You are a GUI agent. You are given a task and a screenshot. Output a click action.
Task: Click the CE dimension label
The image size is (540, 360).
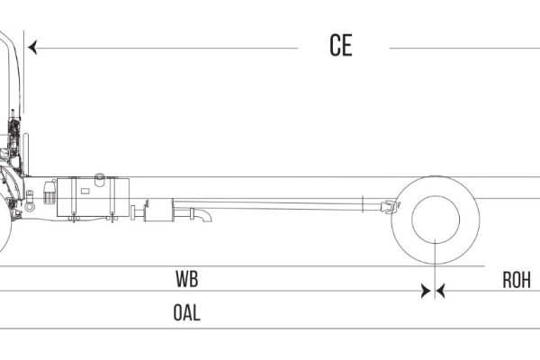coord(341,45)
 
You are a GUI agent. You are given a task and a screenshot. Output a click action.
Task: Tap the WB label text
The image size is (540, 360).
coord(187,279)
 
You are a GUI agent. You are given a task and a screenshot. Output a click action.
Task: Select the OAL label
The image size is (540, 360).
coord(186,313)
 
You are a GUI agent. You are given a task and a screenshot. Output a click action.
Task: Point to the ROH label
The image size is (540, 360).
coord(517,280)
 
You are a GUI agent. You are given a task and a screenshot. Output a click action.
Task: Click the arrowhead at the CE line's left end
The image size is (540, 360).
coord(32,48)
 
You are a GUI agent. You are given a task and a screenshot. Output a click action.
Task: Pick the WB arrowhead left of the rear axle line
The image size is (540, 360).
coord(426,291)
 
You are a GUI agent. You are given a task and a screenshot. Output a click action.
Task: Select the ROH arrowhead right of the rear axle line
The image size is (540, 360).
coord(441,291)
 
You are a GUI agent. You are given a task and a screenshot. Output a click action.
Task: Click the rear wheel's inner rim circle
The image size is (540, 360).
coord(436,196)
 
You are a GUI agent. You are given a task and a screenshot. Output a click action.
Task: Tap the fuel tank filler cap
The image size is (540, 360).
coord(100,179)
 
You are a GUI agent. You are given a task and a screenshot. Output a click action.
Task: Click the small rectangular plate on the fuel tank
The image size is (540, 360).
coord(85,191)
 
